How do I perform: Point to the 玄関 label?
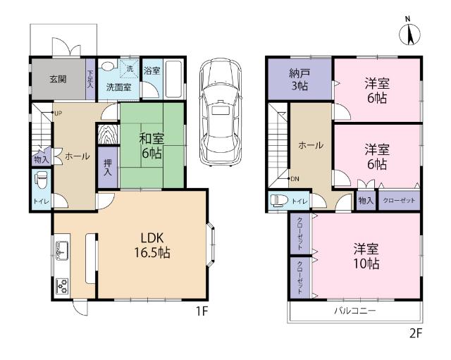point(58,79)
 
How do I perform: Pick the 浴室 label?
point(152,71)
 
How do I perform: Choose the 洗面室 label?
point(118,87)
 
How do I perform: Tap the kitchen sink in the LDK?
point(61,249)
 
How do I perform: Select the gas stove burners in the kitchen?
point(61,286)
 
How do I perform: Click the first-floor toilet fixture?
point(41,178)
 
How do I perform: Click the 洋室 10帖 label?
point(367,257)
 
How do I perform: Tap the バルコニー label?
point(354,311)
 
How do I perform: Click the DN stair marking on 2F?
point(295,180)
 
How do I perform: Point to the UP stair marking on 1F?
point(57,113)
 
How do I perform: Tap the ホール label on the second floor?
point(311,145)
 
